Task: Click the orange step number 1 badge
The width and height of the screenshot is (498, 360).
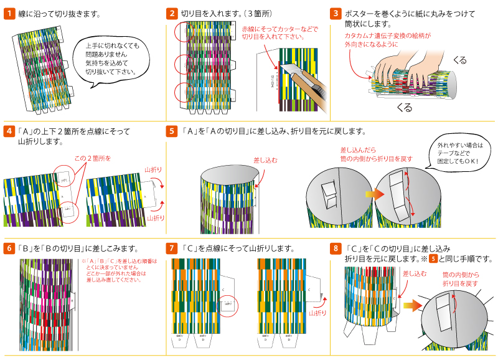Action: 9,13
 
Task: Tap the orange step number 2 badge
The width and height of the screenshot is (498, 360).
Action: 172,13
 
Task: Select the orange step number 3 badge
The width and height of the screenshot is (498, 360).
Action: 336,13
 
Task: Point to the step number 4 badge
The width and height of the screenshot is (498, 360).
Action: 9,131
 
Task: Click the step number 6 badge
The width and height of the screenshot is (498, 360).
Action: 9,248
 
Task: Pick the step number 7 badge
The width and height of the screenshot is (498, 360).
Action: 172,248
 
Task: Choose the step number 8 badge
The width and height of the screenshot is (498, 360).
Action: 336,248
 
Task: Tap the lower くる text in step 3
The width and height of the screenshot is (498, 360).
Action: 404,107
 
